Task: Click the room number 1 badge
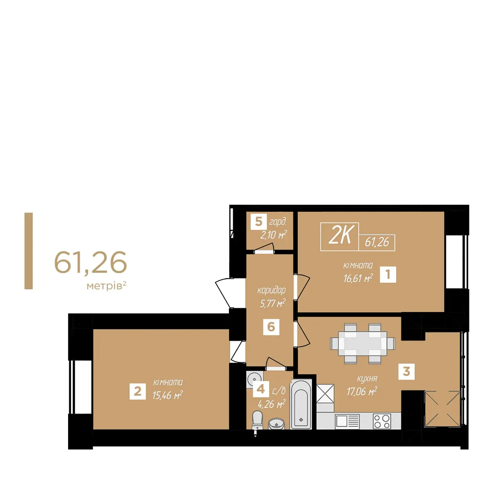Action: tap(388, 274)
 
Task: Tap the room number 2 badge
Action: tap(138, 391)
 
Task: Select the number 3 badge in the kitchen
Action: tap(406, 371)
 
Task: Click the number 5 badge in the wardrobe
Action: tap(259, 222)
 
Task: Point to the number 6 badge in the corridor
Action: tap(271, 327)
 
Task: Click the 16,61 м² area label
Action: tap(358, 279)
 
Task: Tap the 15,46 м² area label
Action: tap(167, 395)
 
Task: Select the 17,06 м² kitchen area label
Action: tap(362, 391)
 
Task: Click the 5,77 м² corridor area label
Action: tap(273, 303)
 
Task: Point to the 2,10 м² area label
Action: tap(273, 235)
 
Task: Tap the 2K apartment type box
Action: tap(340, 237)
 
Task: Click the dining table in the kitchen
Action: tap(362, 343)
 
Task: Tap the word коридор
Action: tap(271, 290)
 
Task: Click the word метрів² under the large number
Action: tap(106, 286)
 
